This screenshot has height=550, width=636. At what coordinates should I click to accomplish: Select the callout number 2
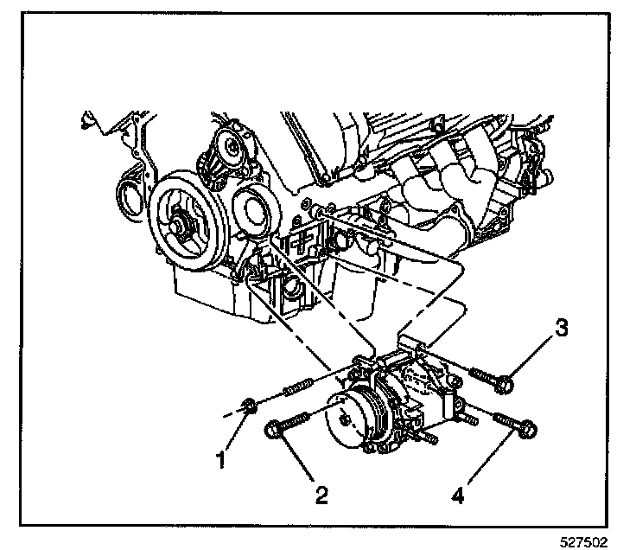pyautogui.click(x=321, y=495)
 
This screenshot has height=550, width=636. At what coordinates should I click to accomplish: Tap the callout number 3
pyautogui.click(x=562, y=329)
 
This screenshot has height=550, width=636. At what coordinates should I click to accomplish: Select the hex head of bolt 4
pyautogui.click(x=529, y=427)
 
